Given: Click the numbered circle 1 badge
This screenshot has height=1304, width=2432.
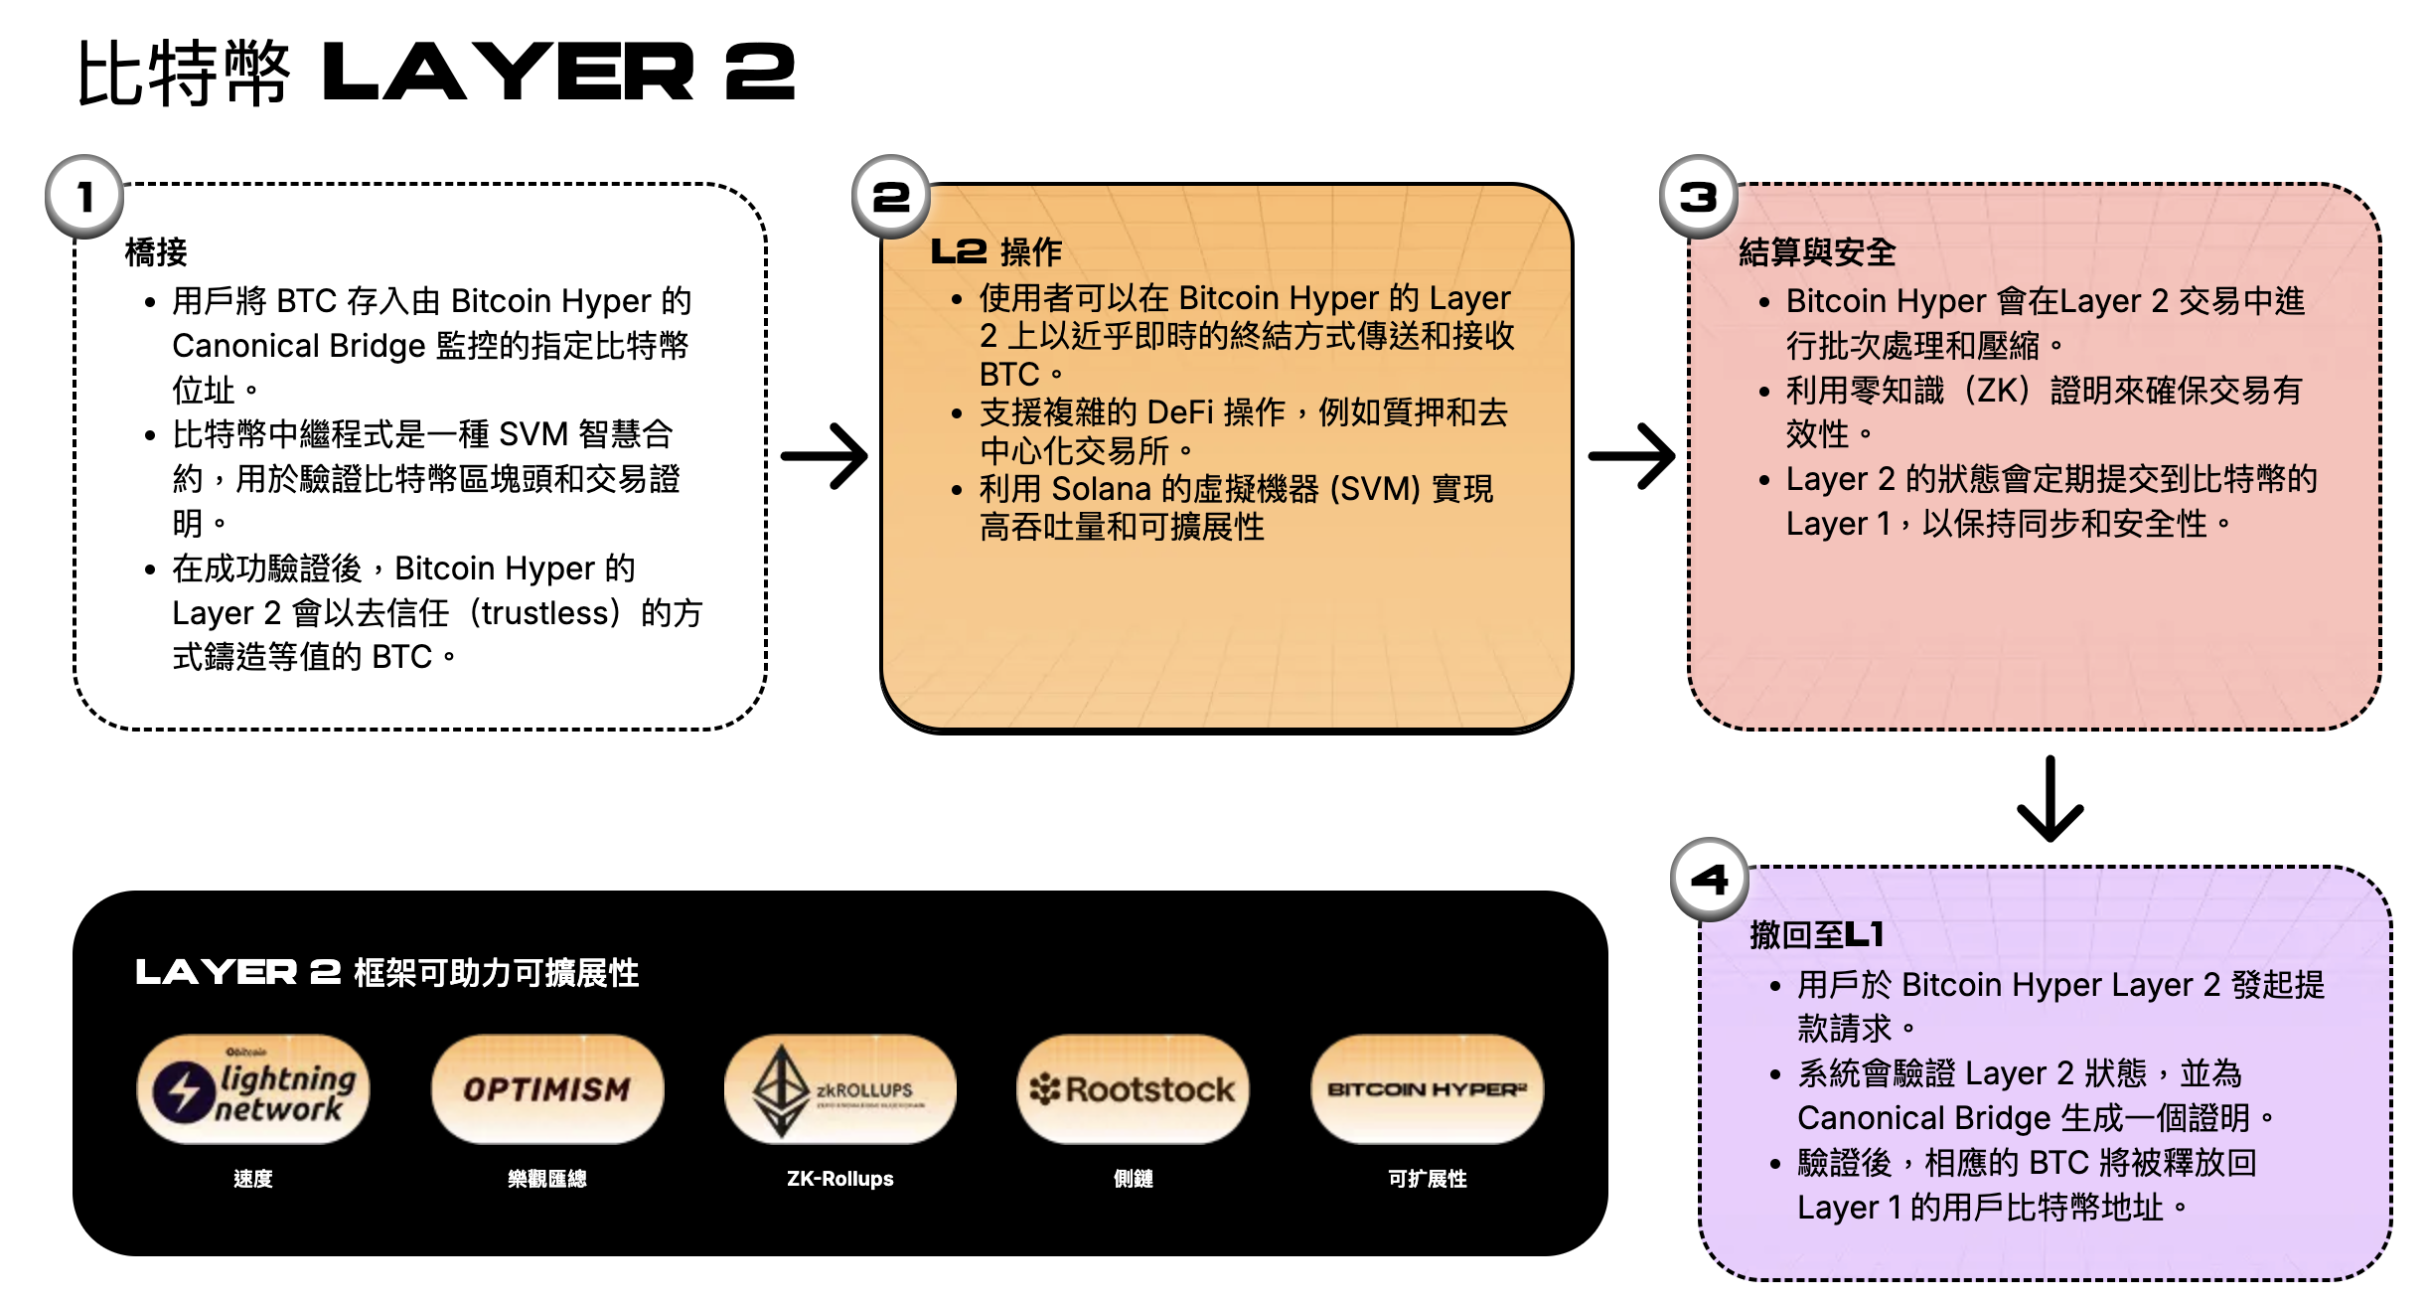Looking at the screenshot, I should [x=84, y=196].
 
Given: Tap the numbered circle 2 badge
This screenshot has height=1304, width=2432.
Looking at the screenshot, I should [x=891, y=196].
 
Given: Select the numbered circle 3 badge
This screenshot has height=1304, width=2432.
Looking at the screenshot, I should [x=1699, y=196].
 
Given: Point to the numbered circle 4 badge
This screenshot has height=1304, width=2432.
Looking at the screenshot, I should [x=1710, y=879].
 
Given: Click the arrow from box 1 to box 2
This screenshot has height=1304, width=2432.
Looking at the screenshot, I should [x=825, y=456].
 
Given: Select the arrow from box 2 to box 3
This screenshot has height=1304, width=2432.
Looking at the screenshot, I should [x=1631, y=456].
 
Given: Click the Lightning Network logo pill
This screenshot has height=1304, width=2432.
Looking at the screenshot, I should [x=253, y=1089].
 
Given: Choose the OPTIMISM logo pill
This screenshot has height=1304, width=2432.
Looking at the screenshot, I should [x=547, y=1089].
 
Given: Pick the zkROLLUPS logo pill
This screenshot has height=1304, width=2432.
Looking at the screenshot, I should [x=840, y=1089].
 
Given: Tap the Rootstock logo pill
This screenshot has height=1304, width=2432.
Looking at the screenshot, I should [x=1134, y=1089].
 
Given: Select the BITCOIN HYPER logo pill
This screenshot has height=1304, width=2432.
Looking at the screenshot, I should [x=1428, y=1089].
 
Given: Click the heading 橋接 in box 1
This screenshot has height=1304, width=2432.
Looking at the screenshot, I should [x=156, y=252].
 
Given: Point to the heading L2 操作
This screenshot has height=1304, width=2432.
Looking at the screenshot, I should [x=996, y=251].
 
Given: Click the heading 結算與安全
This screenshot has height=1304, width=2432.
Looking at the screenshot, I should [x=1817, y=252].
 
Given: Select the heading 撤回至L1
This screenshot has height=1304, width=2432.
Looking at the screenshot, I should [x=1817, y=934].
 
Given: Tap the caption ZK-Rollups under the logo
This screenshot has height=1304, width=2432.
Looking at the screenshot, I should [x=840, y=1179].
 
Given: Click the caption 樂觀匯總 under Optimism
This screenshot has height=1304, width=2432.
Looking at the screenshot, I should [x=547, y=1179].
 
